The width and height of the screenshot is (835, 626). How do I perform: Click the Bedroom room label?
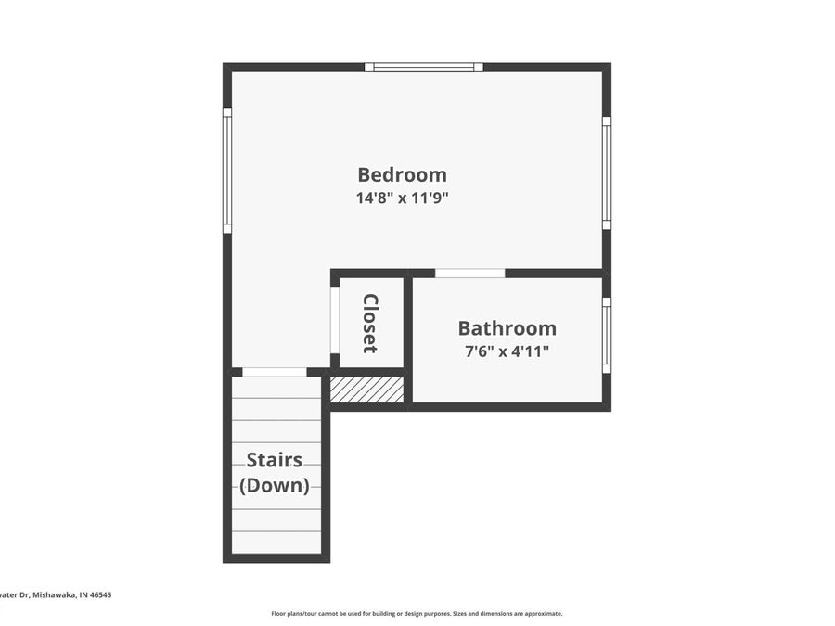(402, 174)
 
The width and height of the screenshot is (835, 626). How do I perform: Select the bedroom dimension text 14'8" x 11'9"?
(402, 198)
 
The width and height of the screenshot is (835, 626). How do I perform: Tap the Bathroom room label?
(507, 328)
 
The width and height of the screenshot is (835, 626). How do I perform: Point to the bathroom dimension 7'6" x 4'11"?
(507, 351)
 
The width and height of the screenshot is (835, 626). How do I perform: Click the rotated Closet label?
(370, 324)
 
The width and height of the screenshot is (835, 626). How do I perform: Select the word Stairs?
(274, 461)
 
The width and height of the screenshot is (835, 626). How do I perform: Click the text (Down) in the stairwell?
(274, 485)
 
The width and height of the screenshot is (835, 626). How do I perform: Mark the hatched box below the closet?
(367, 390)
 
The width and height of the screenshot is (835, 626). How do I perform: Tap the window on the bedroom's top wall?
(424, 67)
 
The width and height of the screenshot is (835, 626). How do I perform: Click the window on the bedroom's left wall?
(227, 170)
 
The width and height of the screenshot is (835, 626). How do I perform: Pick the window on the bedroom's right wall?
(606, 172)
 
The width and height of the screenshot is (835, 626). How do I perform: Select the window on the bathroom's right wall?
(606, 335)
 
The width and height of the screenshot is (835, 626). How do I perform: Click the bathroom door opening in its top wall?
(469, 274)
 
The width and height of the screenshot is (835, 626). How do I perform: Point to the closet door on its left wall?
(335, 321)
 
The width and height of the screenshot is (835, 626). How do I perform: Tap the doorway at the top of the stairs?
(275, 373)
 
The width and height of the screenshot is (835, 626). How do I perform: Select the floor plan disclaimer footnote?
(417, 613)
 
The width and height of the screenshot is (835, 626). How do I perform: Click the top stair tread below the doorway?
(276, 388)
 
